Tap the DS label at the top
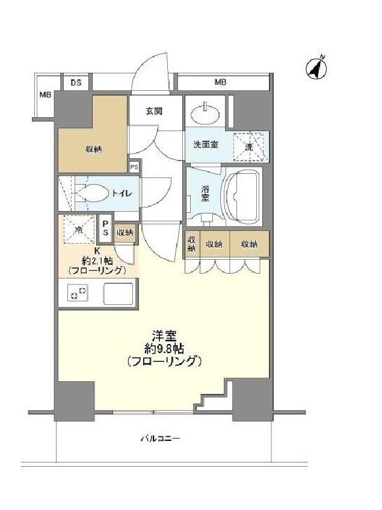tap(76, 82)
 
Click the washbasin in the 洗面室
tap(208, 111)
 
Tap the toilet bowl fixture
tap(94, 192)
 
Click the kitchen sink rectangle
tap(120, 293)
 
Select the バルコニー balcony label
tap(161, 438)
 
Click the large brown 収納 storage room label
tap(93, 149)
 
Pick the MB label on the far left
tap(45, 94)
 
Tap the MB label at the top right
tap(220, 82)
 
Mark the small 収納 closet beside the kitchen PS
tap(125, 232)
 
